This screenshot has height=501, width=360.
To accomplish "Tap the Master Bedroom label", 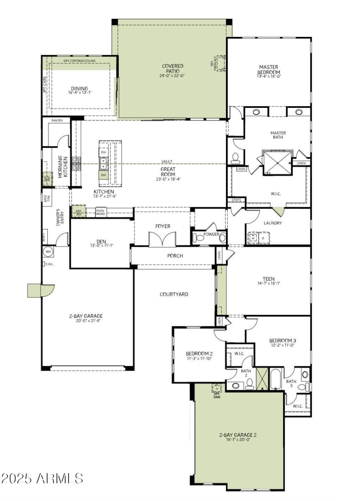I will [x=269, y=69].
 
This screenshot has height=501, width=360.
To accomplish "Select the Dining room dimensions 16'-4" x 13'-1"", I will [x=79, y=93].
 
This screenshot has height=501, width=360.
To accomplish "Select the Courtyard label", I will [x=174, y=294].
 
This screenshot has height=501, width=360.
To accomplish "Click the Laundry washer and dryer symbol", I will [x=258, y=237].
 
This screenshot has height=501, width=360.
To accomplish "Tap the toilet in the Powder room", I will [x=198, y=238].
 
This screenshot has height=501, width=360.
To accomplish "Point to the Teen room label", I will [x=269, y=279].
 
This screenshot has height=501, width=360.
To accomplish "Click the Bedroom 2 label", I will [x=199, y=353].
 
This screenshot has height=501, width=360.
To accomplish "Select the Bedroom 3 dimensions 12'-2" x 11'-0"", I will [x=282, y=345].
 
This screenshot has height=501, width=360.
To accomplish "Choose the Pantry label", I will [x=57, y=121].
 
